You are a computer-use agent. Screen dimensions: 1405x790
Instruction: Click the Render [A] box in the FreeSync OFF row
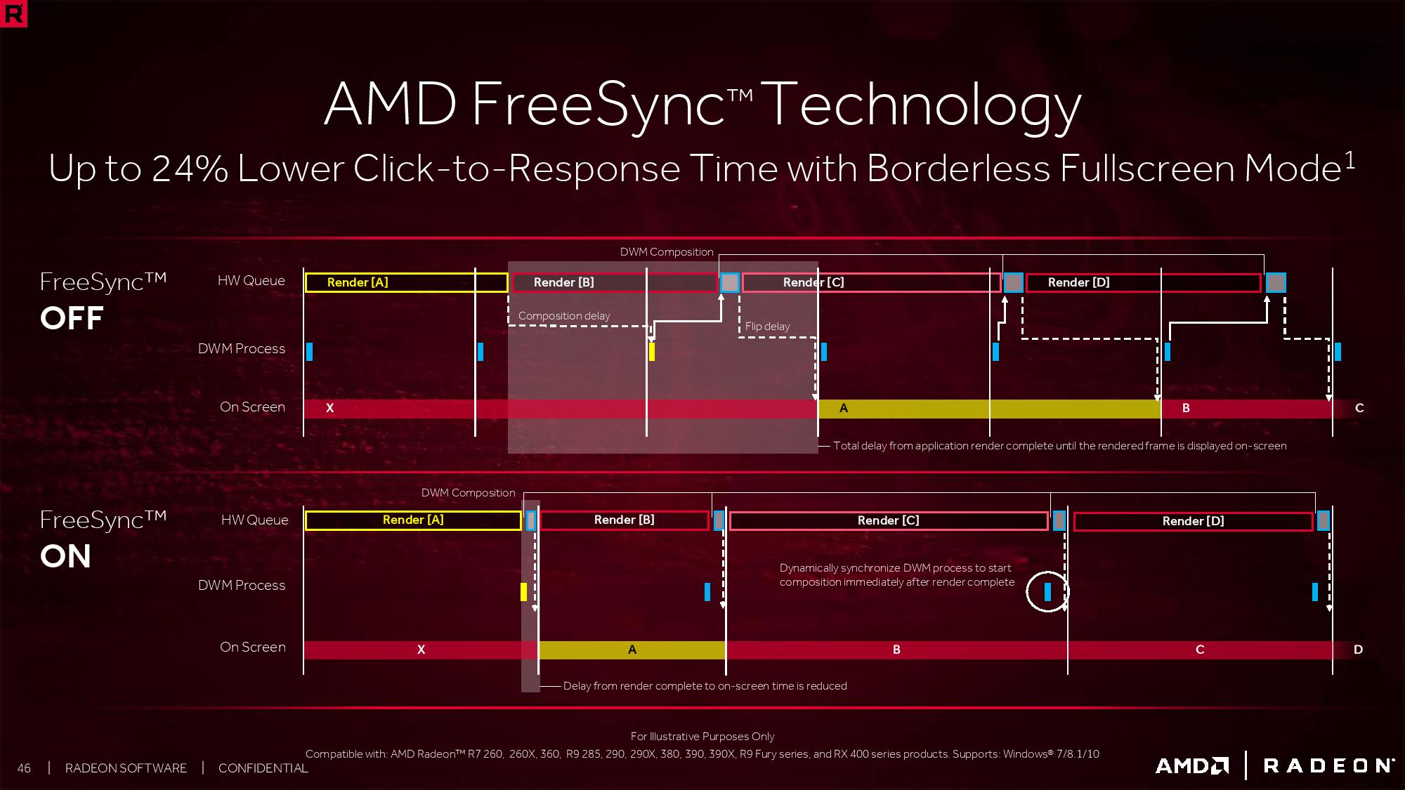(x=406, y=282)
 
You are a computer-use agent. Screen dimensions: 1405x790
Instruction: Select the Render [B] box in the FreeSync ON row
(x=625, y=520)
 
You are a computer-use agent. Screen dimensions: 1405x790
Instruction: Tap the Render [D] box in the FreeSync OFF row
(x=1144, y=282)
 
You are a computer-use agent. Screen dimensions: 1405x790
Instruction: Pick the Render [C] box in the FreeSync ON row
(x=889, y=521)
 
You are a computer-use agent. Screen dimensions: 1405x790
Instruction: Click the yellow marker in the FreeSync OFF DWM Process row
(x=652, y=351)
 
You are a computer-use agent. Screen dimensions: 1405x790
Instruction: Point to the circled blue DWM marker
(x=1047, y=592)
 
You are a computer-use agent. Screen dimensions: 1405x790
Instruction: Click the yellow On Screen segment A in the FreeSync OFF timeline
(x=990, y=409)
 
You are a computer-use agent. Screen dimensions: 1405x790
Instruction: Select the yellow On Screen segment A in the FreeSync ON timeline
(x=632, y=650)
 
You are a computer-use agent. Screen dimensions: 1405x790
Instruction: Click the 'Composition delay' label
(x=564, y=316)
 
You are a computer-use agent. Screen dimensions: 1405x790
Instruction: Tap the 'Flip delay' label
(x=767, y=327)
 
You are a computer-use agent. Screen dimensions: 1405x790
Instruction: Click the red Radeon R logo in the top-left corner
(x=13, y=13)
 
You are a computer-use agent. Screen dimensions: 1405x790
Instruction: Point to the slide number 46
(x=24, y=768)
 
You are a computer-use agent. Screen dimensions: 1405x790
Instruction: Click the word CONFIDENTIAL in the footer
(x=263, y=768)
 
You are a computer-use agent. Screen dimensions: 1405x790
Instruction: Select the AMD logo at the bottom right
(x=1192, y=765)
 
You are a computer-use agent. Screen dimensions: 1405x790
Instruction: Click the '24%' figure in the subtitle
(x=190, y=169)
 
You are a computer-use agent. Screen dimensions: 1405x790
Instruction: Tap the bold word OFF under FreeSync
(x=72, y=318)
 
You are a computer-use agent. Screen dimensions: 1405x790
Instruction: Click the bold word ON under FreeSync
(x=65, y=556)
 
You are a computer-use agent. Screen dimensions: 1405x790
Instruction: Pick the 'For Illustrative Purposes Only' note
(x=702, y=737)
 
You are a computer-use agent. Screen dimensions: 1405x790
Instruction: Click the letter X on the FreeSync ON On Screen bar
(x=421, y=650)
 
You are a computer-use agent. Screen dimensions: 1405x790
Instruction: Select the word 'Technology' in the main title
(x=921, y=105)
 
